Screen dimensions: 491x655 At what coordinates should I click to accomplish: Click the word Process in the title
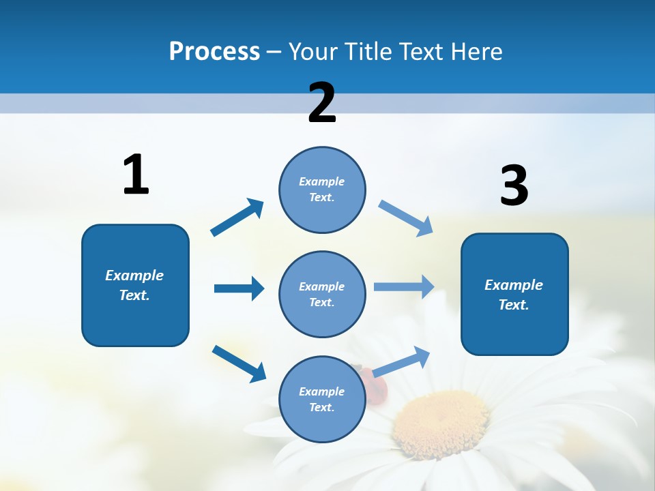[x=214, y=52]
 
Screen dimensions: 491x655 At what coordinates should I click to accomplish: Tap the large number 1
[x=136, y=175]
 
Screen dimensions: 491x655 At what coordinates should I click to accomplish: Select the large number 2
[x=322, y=103]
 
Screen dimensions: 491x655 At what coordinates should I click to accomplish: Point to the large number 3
[x=514, y=186]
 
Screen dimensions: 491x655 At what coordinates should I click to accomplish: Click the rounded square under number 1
[x=135, y=285]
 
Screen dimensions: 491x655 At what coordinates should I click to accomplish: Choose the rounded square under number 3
[x=514, y=295]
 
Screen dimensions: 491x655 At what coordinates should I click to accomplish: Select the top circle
[x=322, y=190]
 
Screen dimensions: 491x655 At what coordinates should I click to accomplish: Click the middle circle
[x=322, y=295]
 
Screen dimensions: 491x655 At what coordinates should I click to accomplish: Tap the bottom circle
[x=322, y=400]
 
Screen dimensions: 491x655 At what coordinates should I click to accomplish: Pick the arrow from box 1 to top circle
[x=237, y=218]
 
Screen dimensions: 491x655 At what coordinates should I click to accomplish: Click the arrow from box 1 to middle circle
[x=239, y=288]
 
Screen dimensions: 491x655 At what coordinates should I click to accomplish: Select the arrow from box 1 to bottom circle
[x=239, y=363]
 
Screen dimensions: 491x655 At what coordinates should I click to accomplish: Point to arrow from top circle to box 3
[x=406, y=218]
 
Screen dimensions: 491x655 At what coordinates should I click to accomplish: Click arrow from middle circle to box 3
[x=404, y=287]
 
